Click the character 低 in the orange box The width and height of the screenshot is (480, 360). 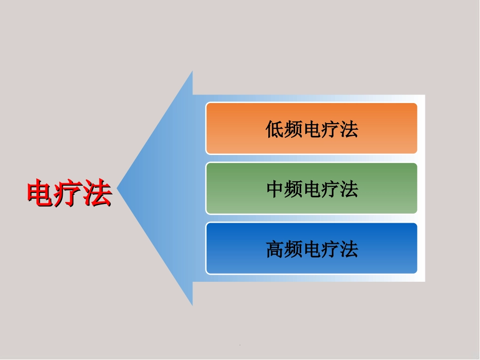pyautogui.click(x=275, y=130)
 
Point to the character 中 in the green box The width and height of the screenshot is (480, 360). pyautogui.click(x=275, y=189)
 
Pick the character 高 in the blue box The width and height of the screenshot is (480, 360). pyautogui.click(x=275, y=249)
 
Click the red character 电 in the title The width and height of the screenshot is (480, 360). pyautogui.click(x=41, y=193)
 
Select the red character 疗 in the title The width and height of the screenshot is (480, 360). pyautogui.click(x=69, y=193)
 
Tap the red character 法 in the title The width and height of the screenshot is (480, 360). pyautogui.click(x=98, y=193)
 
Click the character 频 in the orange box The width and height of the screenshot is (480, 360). pyautogui.click(x=293, y=130)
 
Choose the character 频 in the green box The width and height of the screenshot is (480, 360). pyautogui.click(x=293, y=189)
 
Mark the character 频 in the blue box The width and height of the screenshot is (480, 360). pyautogui.click(x=293, y=249)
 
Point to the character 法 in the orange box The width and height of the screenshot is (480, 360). pyautogui.click(x=349, y=130)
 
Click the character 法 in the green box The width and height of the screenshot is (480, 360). pyautogui.click(x=349, y=189)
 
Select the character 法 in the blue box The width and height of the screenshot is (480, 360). pyautogui.click(x=349, y=249)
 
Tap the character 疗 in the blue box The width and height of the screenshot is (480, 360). pyautogui.click(x=330, y=249)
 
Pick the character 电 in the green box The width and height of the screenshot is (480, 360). pyautogui.click(x=312, y=189)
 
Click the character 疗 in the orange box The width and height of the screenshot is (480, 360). pyautogui.click(x=330, y=130)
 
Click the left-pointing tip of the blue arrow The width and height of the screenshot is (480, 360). pyautogui.click(x=119, y=188)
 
